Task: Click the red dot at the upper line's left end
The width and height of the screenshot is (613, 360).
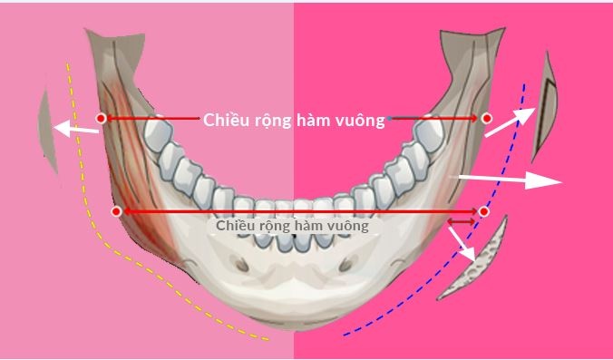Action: click(101, 118)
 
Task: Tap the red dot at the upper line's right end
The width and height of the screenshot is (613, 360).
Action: click(487, 118)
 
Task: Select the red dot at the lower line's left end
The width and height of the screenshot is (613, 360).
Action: click(115, 211)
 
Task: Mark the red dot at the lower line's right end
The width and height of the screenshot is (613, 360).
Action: click(484, 211)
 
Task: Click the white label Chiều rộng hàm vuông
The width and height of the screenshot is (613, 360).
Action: click(294, 119)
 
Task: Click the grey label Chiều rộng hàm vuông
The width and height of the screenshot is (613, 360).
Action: click(292, 225)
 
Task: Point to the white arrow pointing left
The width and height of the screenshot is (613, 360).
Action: click(77, 130)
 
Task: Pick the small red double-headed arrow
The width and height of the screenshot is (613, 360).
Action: click(461, 220)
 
